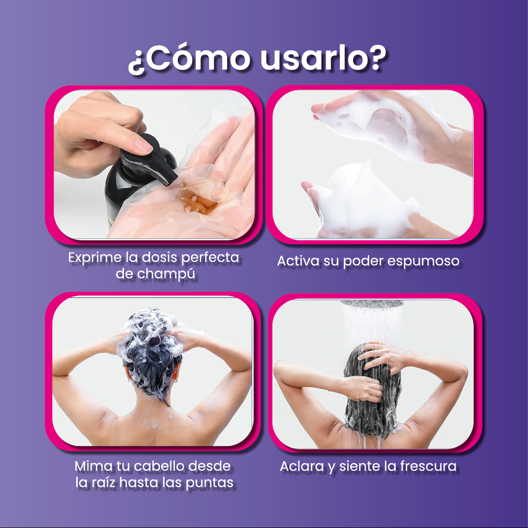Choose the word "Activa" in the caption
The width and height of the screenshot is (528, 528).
tap(298, 261)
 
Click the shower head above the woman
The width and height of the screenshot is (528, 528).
tap(372, 303)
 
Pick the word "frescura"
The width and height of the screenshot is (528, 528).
tap(428, 466)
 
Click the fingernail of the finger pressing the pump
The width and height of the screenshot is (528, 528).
tap(144, 146)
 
